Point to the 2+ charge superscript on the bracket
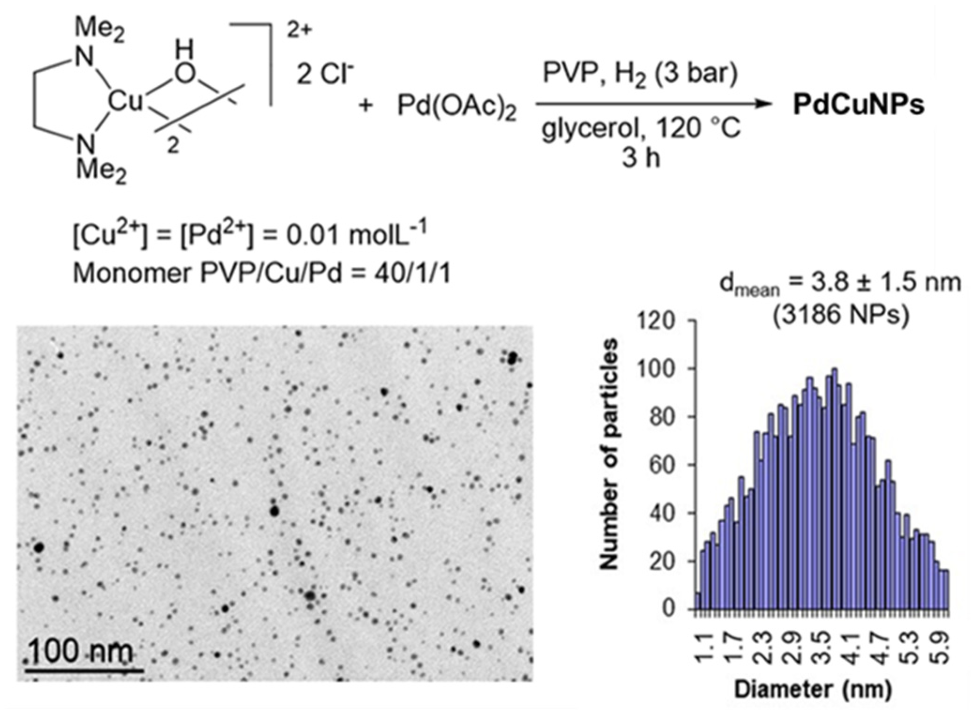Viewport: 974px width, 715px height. [x=299, y=31]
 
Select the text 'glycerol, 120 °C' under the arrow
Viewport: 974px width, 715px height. [x=641, y=128]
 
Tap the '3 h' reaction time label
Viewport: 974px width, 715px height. [x=641, y=158]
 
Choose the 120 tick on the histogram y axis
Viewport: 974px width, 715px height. [x=660, y=321]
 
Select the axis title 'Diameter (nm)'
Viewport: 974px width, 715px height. [x=813, y=689]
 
